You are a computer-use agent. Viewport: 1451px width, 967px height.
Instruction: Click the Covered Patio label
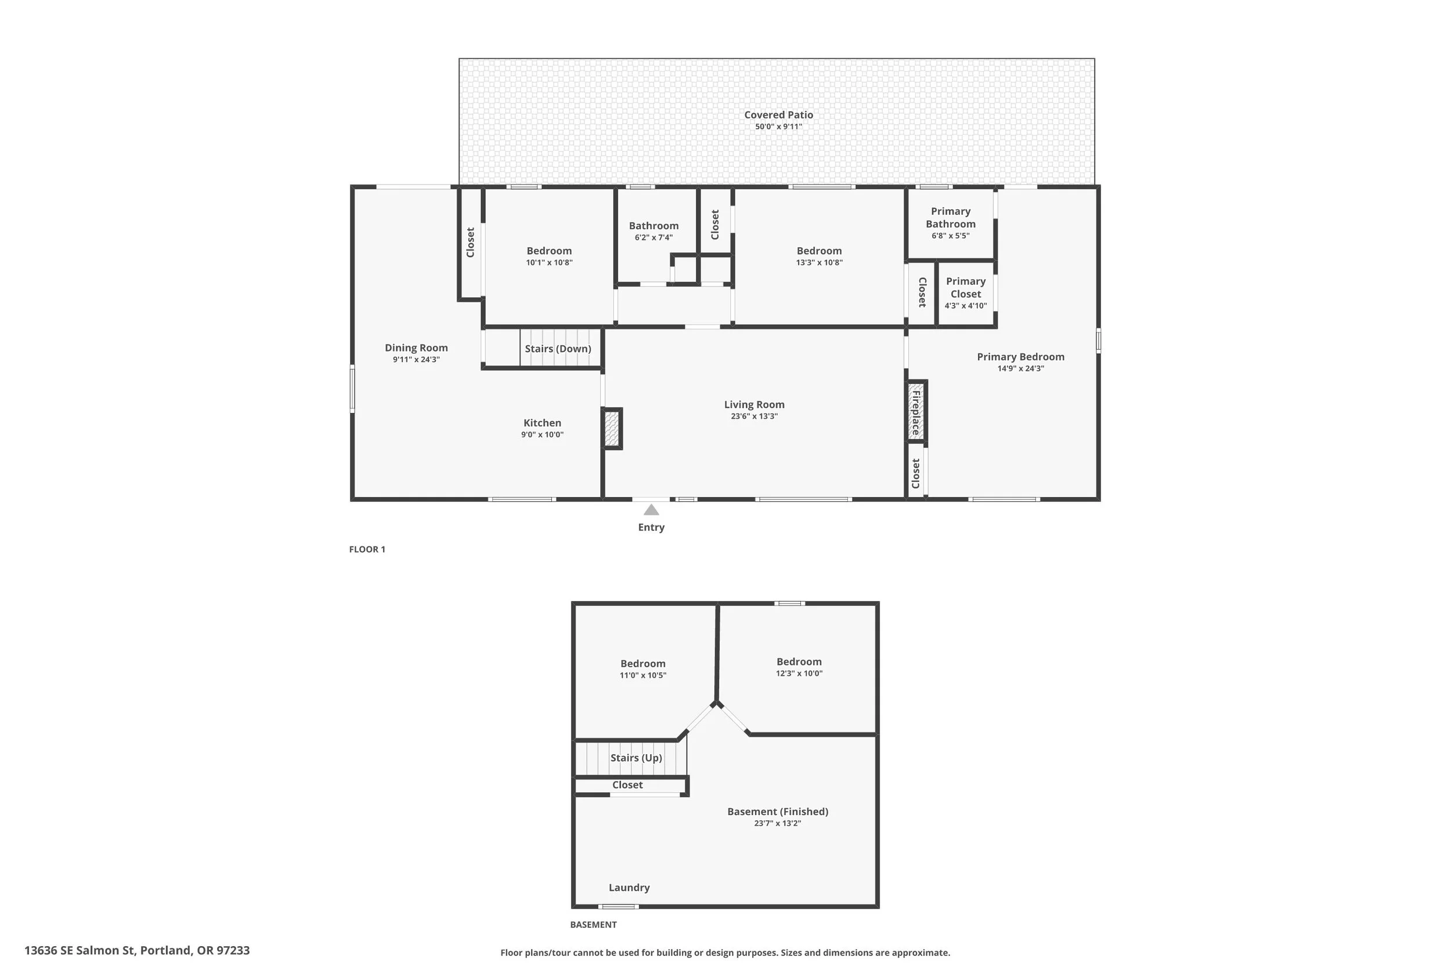click(x=778, y=115)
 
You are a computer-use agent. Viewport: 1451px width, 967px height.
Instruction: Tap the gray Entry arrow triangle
click(x=651, y=510)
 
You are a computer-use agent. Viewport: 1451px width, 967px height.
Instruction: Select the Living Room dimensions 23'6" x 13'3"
click(x=755, y=417)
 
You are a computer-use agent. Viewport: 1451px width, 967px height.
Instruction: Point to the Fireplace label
click(x=916, y=412)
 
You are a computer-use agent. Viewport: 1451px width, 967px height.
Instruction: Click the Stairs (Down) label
click(x=558, y=349)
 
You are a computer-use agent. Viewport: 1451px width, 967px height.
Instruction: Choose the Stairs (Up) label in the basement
click(x=636, y=758)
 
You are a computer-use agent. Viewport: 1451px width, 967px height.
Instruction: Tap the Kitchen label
click(x=542, y=423)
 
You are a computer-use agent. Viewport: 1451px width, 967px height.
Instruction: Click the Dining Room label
click(x=416, y=348)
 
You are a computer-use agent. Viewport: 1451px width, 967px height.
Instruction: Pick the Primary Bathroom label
click(x=951, y=218)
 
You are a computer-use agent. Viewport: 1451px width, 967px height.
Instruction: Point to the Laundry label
click(x=629, y=888)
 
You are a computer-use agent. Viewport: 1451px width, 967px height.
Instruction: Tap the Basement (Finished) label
click(x=778, y=812)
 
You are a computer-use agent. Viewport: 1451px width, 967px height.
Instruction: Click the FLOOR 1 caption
click(x=367, y=549)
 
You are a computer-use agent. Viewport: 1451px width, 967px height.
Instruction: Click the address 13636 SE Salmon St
click(x=80, y=950)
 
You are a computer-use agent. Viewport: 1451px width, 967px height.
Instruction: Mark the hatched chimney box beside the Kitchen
click(x=612, y=429)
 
